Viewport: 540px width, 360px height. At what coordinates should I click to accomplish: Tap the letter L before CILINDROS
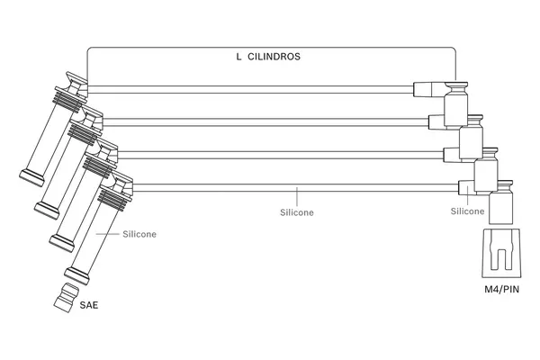(238, 56)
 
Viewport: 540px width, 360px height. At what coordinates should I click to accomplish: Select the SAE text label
(88, 306)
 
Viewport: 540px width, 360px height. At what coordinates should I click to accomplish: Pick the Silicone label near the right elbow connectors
(467, 211)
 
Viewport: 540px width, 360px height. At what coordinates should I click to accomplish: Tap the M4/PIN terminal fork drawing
(501, 254)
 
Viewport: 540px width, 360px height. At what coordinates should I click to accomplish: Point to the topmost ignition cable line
(252, 87)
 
